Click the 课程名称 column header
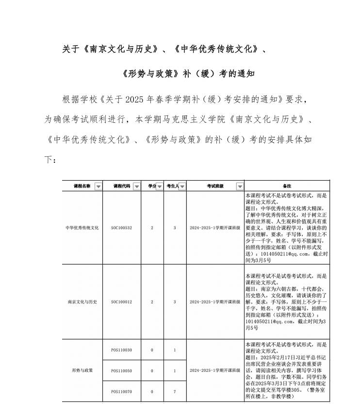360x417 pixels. point(79,186)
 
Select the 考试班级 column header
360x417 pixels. point(212,186)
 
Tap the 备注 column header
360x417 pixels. point(287,186)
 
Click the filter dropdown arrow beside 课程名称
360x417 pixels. point(98,186)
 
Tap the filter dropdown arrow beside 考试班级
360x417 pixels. point(240,186)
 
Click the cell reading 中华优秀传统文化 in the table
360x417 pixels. point(82,228)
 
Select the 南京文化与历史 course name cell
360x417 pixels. point(82,302)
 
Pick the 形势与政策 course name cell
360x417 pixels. point(82,370)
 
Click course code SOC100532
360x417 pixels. point(121,228)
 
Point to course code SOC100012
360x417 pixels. point(121,302)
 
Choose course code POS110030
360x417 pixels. point(121,350)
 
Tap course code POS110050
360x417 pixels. point(121,370)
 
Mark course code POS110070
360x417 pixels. point(121,391)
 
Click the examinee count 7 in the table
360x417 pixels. point(175,391)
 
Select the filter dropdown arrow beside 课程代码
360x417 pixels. point(137,186)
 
